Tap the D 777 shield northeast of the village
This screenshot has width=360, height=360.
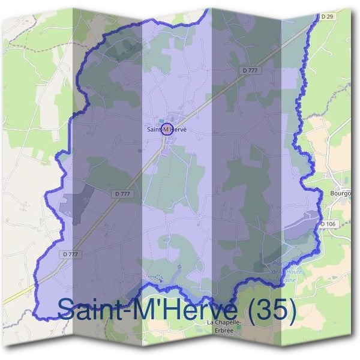[x=250, y=70]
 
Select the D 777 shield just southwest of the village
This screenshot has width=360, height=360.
[x=122, y=193]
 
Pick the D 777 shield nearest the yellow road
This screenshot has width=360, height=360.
[x=70, y=254]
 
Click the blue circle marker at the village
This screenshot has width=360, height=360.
[x=167, y=128]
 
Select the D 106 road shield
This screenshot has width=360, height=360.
[x=329, y=224]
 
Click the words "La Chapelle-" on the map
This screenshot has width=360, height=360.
[x=223, y=323]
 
